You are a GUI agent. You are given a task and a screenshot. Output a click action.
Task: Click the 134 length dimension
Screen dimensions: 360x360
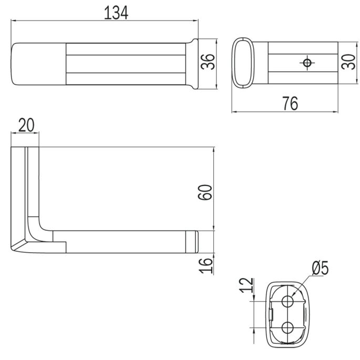tap(116, 13)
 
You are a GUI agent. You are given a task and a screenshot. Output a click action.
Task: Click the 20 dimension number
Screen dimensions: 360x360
tap(26, 126)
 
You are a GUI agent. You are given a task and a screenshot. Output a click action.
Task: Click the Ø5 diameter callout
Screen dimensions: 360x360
tap(320, 269)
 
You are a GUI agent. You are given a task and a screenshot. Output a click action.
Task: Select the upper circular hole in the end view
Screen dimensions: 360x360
tap(287, 301)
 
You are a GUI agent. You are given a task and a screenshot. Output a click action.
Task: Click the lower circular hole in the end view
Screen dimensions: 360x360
tap(287, 327)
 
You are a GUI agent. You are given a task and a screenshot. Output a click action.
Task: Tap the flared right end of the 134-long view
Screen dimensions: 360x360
tap(193, 63)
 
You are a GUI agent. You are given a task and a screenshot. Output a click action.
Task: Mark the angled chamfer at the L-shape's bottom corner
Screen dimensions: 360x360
tap(19, 245)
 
